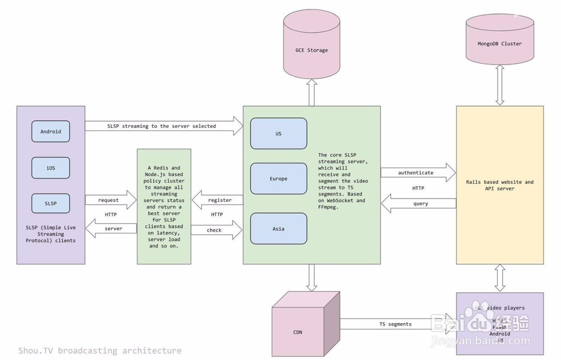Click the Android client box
[x=50, y=132]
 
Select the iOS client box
[x=50, y=168]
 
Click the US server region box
[x=278, y=133]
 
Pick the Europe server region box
[x=278, y=179]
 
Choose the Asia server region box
[x=278, y=228]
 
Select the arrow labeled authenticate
[x=418, y=173]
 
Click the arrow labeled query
[x=418, y=204]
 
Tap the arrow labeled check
[x=216, y=230]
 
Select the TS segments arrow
[x=396, y=324]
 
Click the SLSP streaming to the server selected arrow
[x=163, y=126]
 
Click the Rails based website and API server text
[x=499, y=185]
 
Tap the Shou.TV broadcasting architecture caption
[x=99, y=350]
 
